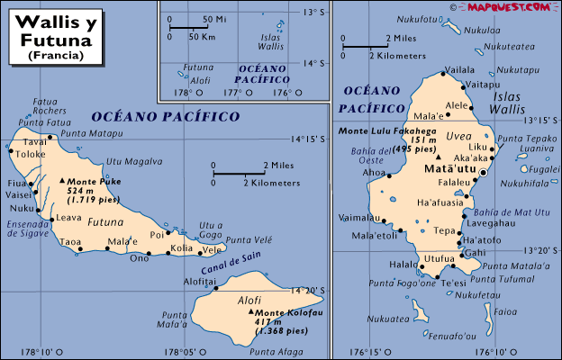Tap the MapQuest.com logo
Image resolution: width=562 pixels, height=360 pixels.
(507, 7)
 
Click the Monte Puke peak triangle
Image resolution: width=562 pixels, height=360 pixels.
(62, 181)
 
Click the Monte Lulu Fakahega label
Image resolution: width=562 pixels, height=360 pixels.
(387, 131)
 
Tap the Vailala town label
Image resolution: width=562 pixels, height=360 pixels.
(460, 69)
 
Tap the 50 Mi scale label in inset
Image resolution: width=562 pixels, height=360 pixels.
(214, 19)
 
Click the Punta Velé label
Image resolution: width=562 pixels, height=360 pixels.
(248, 239)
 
